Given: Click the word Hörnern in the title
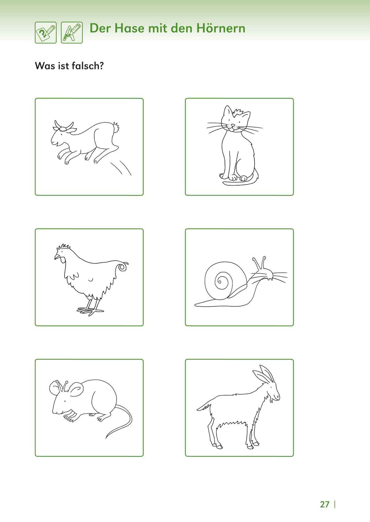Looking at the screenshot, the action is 221,28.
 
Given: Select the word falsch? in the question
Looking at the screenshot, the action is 88,66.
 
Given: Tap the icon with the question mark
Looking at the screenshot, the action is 46,33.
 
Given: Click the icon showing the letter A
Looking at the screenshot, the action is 72,33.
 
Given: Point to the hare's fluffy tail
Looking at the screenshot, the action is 116,127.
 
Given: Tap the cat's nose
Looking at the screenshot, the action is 232,125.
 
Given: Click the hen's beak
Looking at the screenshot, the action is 57,257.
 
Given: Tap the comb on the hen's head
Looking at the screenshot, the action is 63,247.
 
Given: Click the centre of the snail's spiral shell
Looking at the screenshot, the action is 220,280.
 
